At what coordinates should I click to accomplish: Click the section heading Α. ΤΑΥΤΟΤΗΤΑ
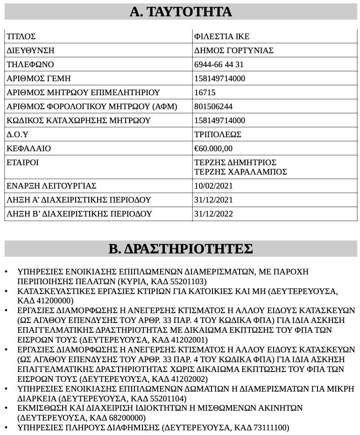tap(180, 12)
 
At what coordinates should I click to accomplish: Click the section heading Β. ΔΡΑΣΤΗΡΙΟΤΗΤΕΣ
tap(180, 249)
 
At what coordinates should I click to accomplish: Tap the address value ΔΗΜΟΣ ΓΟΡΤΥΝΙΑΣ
tap(233, 50)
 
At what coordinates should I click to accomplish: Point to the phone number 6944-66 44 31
tap(219, 64)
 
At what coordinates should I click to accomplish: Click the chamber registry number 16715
tap(205, 92)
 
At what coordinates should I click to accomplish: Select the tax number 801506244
tap(213, 106)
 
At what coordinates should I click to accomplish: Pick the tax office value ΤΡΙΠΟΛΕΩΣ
tap(218, 134)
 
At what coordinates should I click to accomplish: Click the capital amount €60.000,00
tap(213, 148)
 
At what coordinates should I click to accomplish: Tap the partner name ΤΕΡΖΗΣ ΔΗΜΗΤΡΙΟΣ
tap(235, 162)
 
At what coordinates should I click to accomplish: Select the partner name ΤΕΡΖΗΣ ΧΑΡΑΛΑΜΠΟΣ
tap(240, 172)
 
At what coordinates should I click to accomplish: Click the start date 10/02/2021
tap(213, 186)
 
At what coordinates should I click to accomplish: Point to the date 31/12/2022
tap(213, 214)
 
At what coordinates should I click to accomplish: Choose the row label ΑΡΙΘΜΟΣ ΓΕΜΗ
tap(38, 78)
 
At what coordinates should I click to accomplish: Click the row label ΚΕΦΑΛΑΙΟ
tap(28, 148)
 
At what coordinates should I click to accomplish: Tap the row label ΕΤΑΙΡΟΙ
tap(22, 162)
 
